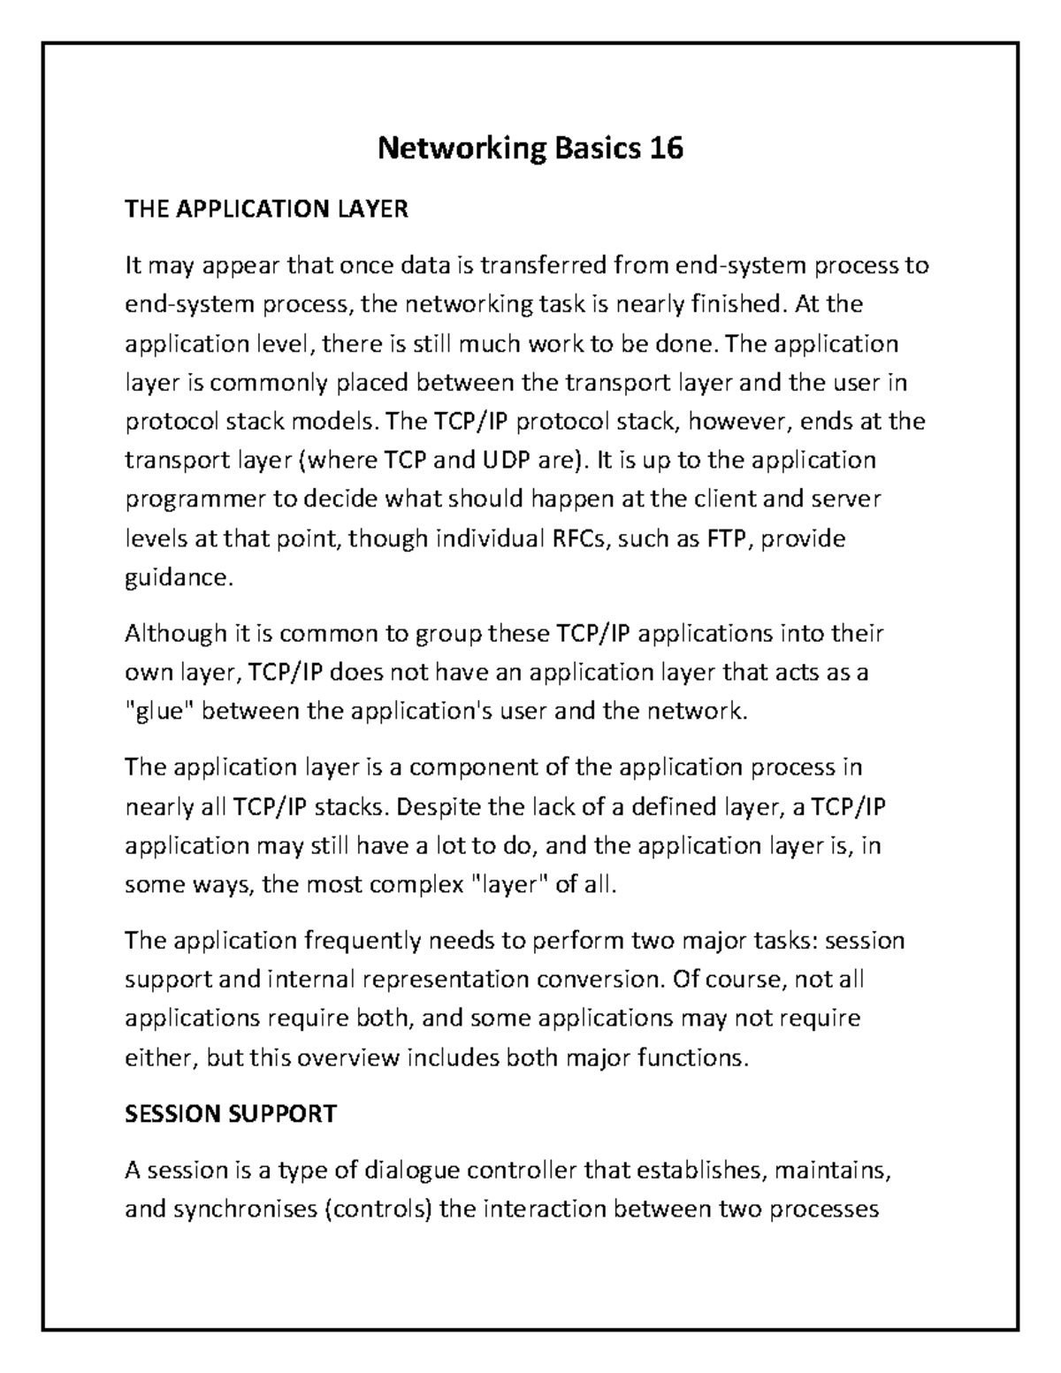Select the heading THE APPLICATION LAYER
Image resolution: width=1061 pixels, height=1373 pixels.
[x=266, y=210]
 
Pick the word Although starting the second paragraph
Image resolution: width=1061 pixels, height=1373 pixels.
[x=176, y=634]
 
